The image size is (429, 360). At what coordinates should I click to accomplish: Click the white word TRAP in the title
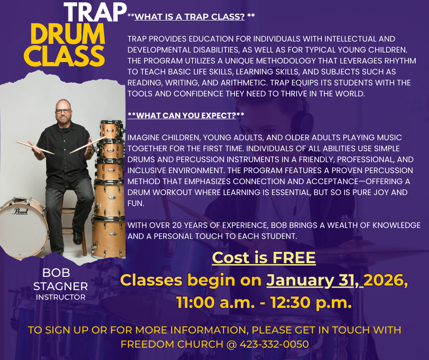(95, 12)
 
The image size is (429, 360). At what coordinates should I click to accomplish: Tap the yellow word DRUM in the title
(68, 34)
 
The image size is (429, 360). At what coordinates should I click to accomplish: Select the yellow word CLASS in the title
(64, 56)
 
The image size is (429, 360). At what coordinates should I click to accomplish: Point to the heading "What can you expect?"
(186, 116)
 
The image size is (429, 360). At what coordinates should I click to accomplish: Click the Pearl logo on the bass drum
(20, 211)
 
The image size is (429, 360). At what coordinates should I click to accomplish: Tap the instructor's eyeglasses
(63, 111)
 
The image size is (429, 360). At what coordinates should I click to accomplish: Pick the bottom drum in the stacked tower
(109, 237)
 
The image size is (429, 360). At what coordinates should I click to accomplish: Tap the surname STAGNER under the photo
(61, 287)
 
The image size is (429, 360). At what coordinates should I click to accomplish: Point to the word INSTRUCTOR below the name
(61, 297)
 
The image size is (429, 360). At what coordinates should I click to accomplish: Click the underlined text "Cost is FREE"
(264, 258)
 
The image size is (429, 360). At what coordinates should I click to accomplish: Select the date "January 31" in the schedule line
(311, 281)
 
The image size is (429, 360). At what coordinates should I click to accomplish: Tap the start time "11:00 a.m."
(216, 303)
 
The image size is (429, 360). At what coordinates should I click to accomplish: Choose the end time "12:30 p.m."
(311, 303)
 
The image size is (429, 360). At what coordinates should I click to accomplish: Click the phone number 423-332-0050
(274, 344)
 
